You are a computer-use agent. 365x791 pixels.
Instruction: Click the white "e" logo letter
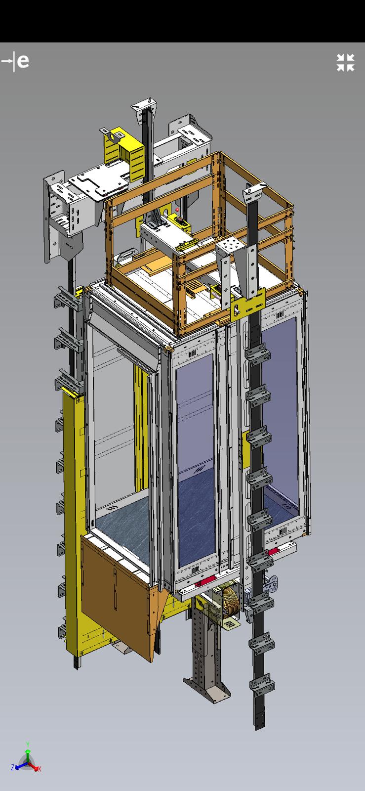pyautogui.click(x=23, y=61)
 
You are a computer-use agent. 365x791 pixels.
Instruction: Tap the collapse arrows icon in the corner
pyautogui.click(x=345, y=62)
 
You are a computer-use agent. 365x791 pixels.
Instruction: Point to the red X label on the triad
pyautogui.click(x=40, y=768)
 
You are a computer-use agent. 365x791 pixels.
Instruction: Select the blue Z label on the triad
pyautogui.click(x=13, y=767)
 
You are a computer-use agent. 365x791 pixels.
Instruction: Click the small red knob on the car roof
pyautogui.click(x=177, y=210)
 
